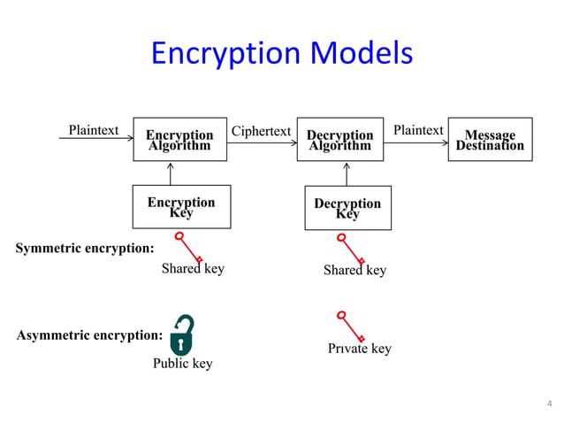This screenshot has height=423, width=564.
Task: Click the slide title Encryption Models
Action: [281, 55]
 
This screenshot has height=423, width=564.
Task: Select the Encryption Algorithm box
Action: [180, 139]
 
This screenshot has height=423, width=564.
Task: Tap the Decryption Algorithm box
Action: [340, 139]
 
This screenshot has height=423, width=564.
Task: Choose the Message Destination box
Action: [490, 139]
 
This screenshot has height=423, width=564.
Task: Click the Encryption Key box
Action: [181, 207]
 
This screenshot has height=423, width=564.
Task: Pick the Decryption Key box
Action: [347, 208]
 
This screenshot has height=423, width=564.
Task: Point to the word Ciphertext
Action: [261, 131]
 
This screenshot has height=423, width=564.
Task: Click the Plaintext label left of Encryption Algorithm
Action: [94, 130]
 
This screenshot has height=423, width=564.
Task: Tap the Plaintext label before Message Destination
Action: [418, 130]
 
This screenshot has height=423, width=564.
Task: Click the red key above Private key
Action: [351, 325]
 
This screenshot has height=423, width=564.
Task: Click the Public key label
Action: [183, 364]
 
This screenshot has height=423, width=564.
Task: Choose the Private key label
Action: [360, 349]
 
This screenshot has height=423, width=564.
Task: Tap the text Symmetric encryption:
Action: [85, 248]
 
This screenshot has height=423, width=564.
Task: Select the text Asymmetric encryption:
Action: [89, 336]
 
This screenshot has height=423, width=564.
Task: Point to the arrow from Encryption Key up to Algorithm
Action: [171, 173]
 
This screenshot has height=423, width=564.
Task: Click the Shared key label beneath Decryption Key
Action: [354, 270]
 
